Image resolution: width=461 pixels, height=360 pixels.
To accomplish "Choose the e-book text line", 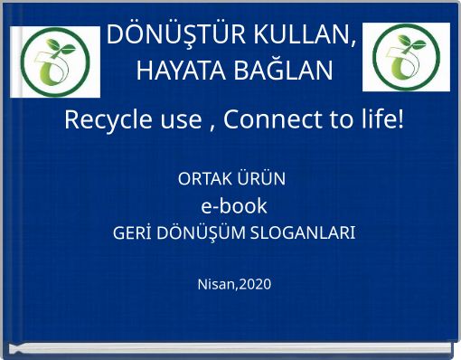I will (x=233, y=205).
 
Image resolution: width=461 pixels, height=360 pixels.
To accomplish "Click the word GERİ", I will (x=132, y=234).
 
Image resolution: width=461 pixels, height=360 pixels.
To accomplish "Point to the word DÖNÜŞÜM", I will (x=196, y=234).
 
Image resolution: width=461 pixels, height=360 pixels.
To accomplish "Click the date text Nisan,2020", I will (x=233, y=285).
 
